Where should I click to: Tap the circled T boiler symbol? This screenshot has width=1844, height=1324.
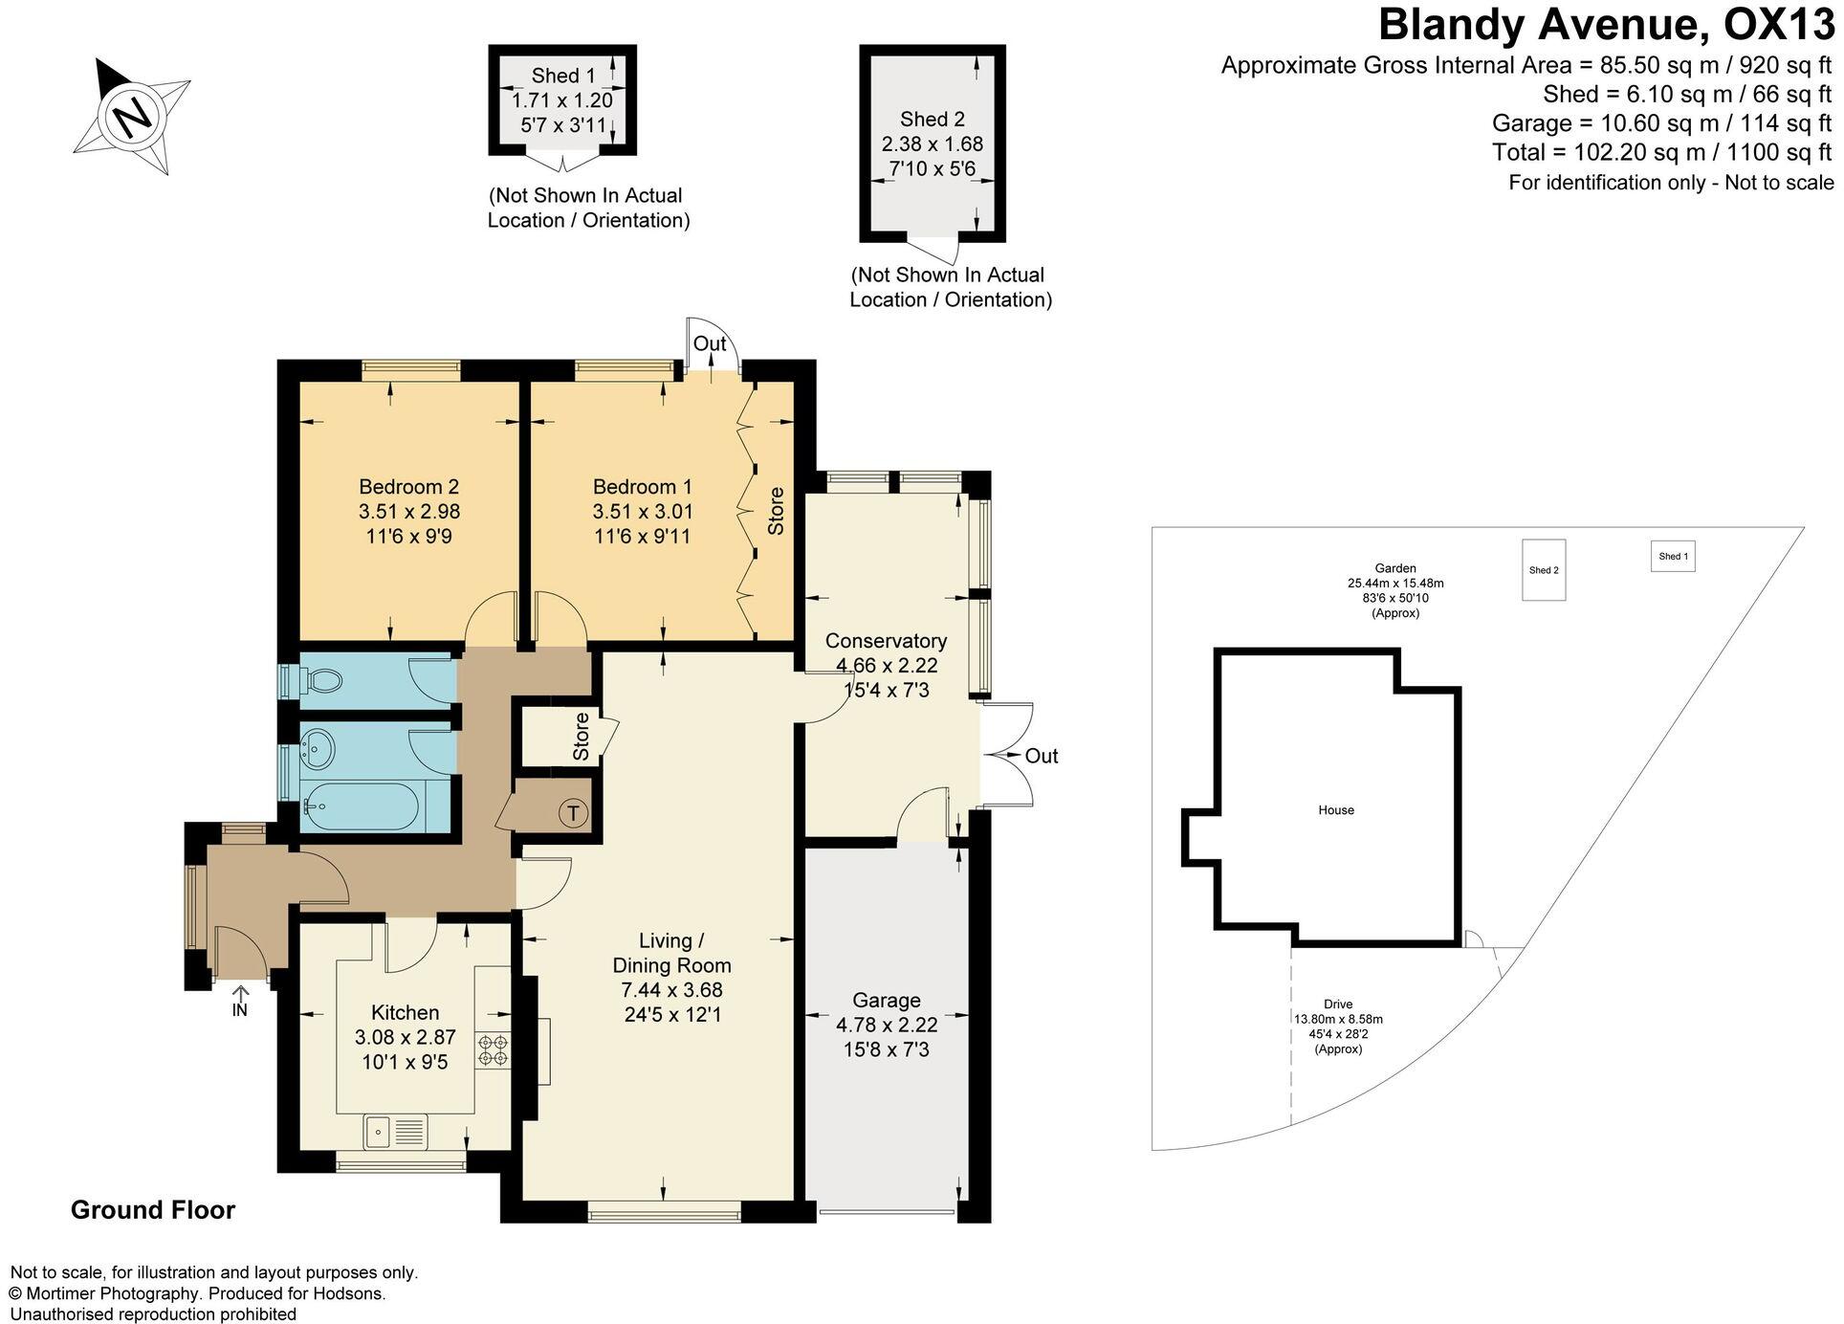tap(573, 814)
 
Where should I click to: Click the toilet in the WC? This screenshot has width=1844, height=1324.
tap(318, 680)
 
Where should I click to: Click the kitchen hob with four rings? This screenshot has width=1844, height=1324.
tap(493, 1049)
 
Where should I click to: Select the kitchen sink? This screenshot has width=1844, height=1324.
tap(395, 1133)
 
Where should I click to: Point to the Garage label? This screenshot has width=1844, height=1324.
tap(887, 1001)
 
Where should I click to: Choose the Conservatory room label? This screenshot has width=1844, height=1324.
tap(886, 641)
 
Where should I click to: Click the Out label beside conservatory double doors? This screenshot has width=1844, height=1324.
tap(1042, 756)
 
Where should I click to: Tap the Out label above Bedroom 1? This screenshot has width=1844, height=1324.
tap(710, 343)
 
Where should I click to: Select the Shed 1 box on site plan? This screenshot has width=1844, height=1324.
tap(1673, 557)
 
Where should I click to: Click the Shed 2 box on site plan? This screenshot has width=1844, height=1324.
tap(1544, 570)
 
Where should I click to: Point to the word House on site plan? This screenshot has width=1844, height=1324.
tap(1336, 810)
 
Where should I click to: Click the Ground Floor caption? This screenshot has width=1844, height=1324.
tap(153, 1210)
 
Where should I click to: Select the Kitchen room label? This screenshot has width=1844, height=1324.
tap(406, 1012)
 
